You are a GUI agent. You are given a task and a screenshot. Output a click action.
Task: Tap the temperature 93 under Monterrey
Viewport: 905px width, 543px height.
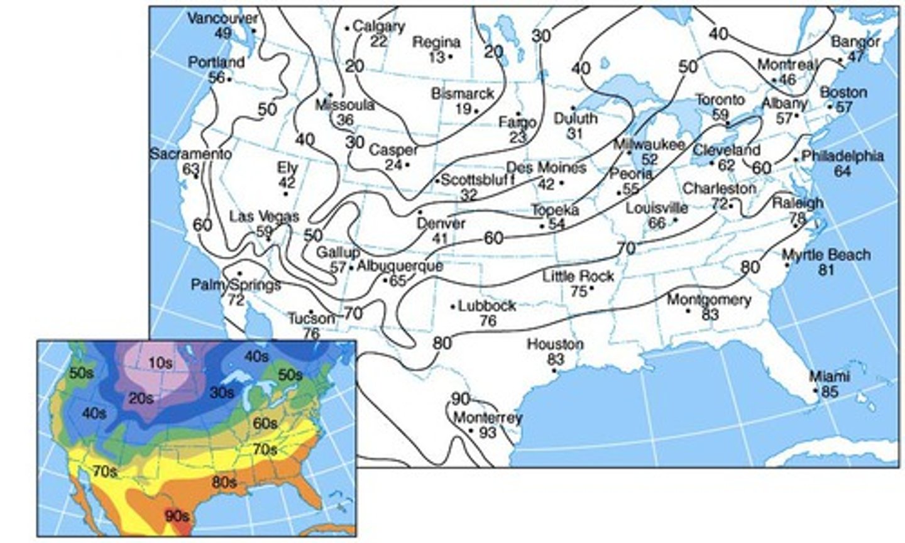pos(488,432)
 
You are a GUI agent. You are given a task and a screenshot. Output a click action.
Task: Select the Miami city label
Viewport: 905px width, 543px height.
pos(829,376)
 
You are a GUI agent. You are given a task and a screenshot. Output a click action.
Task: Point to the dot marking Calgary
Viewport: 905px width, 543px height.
pos(347,28)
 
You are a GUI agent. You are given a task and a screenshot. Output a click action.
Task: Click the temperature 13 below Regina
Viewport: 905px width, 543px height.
pos(437,57)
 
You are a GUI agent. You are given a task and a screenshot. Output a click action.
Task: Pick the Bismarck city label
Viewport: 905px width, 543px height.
pos(463,94)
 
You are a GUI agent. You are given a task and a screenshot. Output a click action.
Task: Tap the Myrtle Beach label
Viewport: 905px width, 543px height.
pos(826,255)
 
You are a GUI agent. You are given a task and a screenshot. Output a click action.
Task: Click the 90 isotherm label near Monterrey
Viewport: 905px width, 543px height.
pos(460,399)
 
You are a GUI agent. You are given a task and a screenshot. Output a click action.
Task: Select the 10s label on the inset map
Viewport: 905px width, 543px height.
pos(160,363)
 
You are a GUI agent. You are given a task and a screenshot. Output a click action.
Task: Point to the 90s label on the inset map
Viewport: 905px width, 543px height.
pos(177,516)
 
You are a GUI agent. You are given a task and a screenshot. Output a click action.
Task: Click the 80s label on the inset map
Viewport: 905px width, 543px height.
pos(224,483)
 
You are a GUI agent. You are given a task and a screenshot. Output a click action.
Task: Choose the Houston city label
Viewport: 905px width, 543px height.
pos(555,344)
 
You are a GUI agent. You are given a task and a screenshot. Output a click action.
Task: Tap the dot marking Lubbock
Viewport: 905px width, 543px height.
pos(453,307)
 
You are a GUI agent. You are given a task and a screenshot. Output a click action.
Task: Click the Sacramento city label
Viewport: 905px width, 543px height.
pos(190,154)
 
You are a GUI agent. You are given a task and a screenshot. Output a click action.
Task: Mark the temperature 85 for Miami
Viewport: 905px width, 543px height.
pos(830,392)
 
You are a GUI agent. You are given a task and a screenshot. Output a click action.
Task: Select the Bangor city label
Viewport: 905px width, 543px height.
pos(855,42)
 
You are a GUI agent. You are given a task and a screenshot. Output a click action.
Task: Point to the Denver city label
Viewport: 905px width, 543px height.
pos(441,224)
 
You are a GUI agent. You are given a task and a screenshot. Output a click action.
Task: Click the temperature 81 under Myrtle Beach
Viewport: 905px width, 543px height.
pos(826,270)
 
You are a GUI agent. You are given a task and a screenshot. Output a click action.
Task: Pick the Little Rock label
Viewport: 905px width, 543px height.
pos(578,276)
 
